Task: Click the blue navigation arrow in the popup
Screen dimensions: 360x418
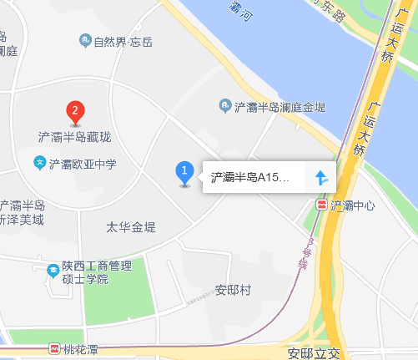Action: pos(321,177)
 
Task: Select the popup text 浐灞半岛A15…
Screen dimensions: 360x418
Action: pos(249,177)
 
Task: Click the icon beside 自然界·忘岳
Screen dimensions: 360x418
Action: pos(84,40)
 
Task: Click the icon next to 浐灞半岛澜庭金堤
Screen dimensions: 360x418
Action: pos(224,105)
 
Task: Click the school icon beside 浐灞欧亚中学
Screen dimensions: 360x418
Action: pos(39,162)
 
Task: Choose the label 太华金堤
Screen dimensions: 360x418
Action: pos(131,227)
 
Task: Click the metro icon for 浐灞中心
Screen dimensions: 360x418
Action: pos(322,205)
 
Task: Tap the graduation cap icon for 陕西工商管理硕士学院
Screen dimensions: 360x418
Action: pos(52,269)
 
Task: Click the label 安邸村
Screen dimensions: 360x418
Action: pos(233,290)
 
